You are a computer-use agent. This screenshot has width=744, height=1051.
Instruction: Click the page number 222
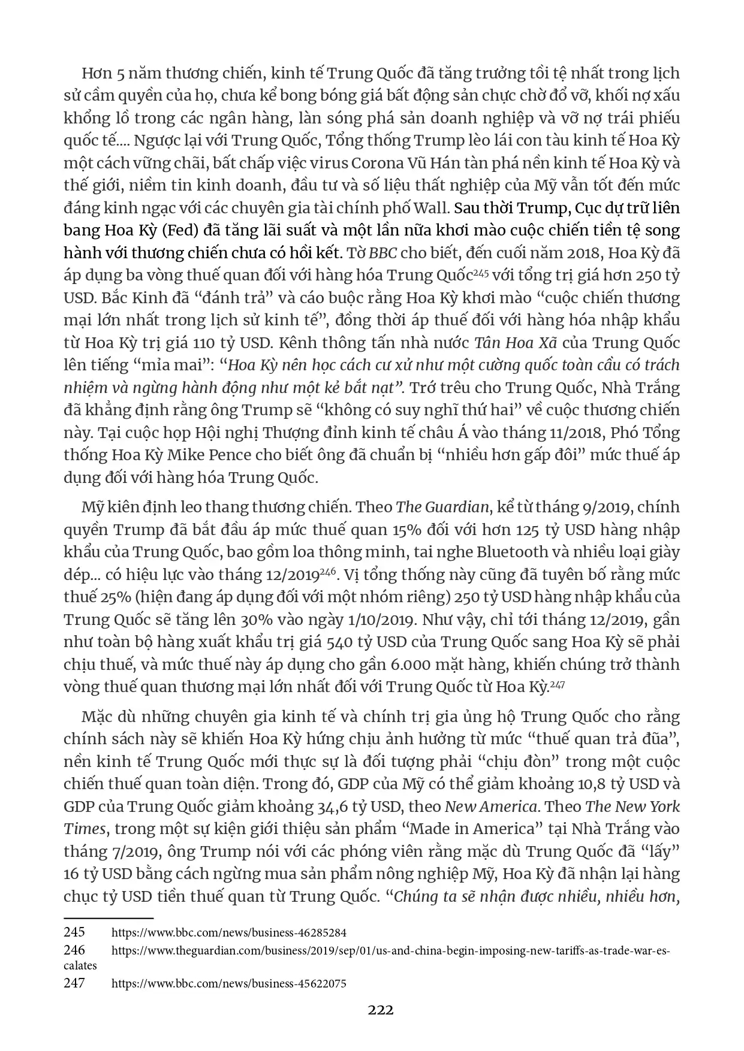(381, 1010)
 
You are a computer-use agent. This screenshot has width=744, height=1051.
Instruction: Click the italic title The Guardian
(442, 507)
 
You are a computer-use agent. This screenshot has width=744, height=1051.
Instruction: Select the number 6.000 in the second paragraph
(412, 664)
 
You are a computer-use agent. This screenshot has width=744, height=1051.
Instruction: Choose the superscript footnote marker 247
(558, 682)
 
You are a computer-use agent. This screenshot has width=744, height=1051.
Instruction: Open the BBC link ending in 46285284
(229, 933)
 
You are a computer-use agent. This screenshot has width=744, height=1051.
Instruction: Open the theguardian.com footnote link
(390, 950)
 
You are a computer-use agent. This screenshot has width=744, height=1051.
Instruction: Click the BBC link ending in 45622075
(229, 983)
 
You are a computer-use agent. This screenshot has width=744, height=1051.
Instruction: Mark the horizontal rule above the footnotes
(109, 918)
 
